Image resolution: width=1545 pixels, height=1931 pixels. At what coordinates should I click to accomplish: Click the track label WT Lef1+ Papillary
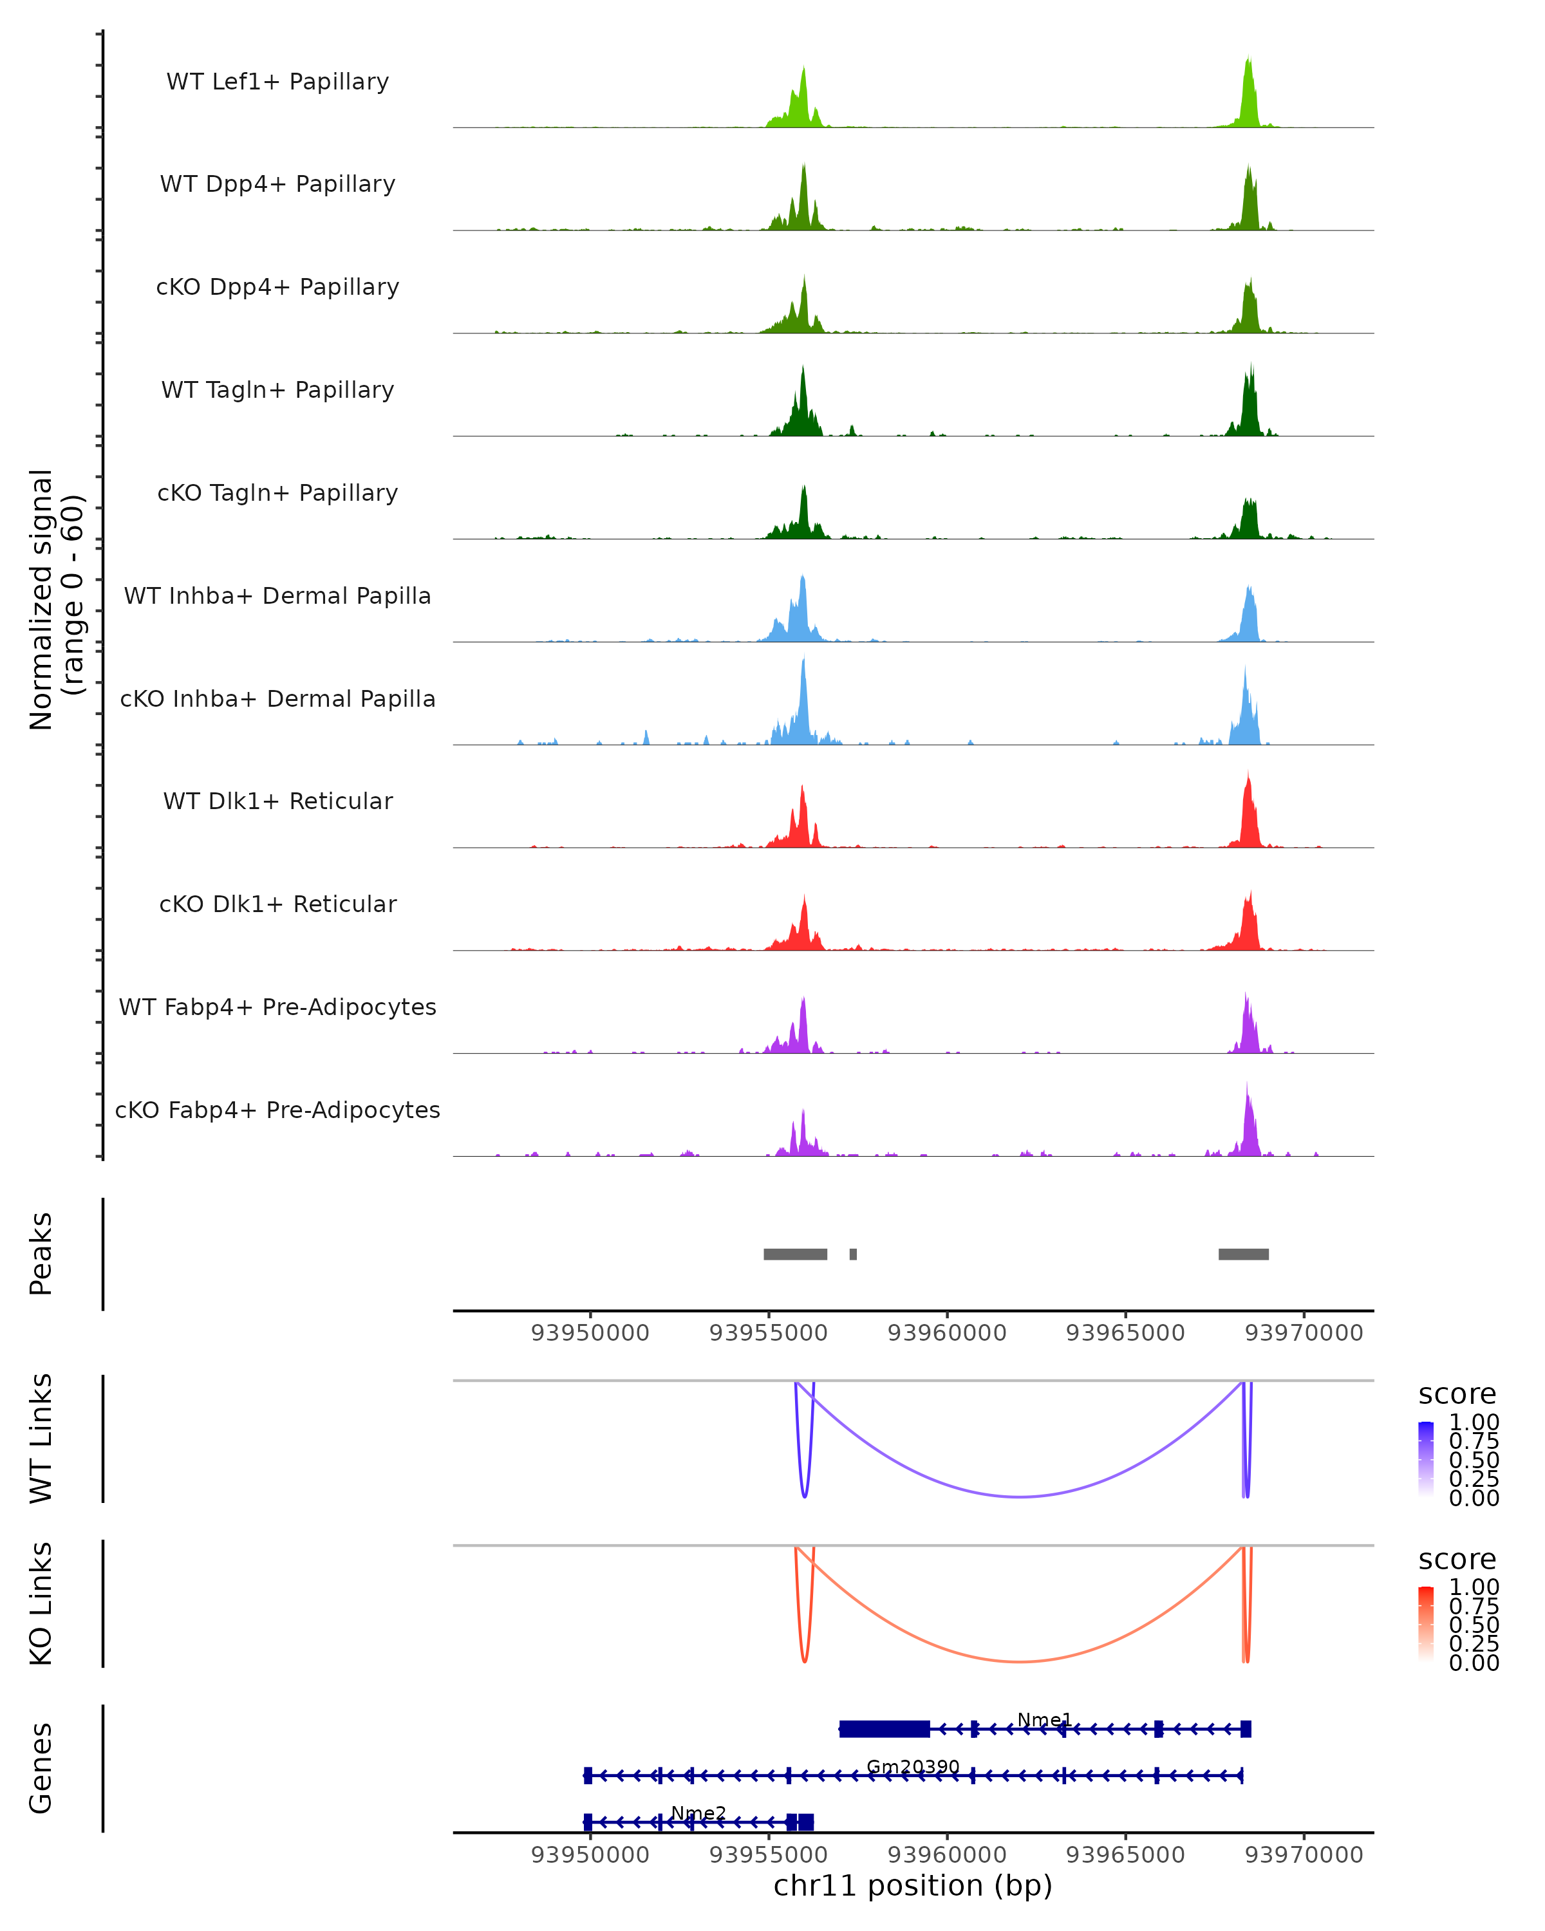(277, 82)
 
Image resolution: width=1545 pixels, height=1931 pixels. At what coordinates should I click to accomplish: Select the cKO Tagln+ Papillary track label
(277, 492)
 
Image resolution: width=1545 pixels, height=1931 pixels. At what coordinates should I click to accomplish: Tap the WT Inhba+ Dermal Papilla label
(277, 595)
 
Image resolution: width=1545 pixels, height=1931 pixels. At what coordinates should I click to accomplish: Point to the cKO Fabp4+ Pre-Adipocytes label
(277, 1110)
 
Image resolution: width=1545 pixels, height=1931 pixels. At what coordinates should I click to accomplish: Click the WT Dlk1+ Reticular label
(277, 801)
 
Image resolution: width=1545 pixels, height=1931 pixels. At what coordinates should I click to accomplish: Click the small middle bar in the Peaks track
(853, 1254)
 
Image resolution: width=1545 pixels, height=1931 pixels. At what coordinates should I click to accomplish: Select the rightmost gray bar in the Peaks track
(1243, 1254)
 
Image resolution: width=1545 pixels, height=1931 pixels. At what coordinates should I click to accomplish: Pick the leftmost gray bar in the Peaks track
(794, 1254)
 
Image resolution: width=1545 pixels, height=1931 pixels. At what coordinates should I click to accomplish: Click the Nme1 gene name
(1044, 1720)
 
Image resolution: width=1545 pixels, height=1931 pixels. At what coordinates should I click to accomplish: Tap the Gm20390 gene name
(913, 1767)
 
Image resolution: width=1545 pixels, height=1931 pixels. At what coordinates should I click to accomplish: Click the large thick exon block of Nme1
(884, 1730)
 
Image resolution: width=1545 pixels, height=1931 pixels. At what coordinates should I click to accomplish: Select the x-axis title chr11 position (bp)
(913, 1885)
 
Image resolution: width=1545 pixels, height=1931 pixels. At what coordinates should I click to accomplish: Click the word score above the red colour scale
(1457, 1560)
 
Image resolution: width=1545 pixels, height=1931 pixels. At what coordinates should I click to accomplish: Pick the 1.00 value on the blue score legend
(1474, 1423)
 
